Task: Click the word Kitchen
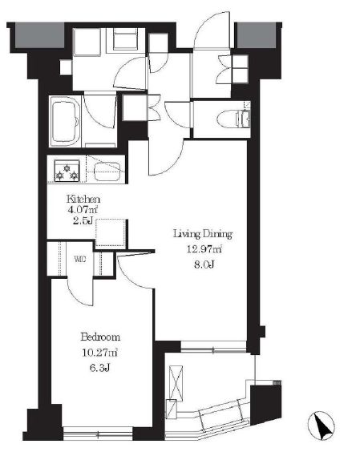click(x=83, y=199)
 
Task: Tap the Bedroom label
click(x=100, y=337)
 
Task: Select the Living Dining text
click(x=203, y=234)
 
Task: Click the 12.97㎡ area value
click(x=204, y=248)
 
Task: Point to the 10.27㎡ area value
click(x=99, y=353)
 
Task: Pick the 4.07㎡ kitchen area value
click(x=83, y=209)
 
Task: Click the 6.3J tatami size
click(x=100, y=368)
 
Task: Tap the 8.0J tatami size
click(x=204, y=264)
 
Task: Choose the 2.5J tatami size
click(x=83, y=221)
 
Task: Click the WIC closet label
click(x=80, y=259)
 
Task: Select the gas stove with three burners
click(x=67, y=171)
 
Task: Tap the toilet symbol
click(x=233, y=119)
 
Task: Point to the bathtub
click(x=65, y=121)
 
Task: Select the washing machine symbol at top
click(x=124, y=40)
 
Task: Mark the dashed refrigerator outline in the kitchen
click(x=111, y=233)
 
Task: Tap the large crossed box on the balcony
click(x=176, y=383)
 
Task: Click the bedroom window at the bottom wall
click(x=98, y=433)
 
